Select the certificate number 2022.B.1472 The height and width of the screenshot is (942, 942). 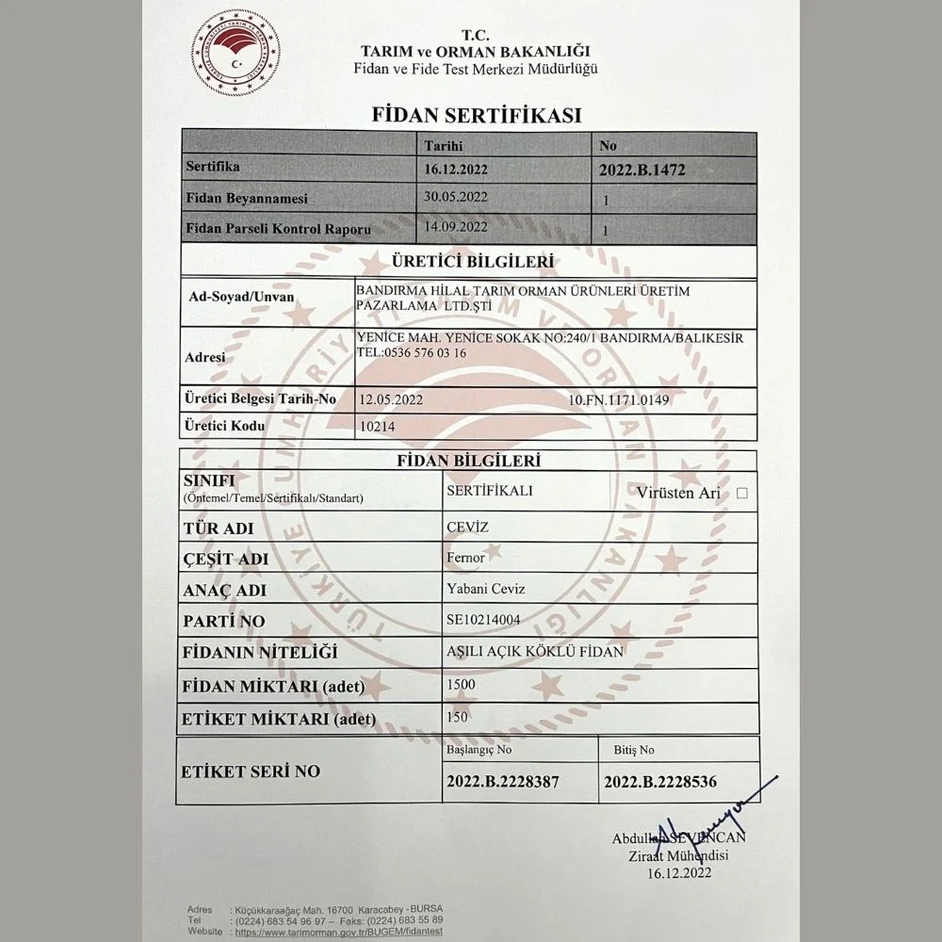pyautogui.click(x=642, y=171)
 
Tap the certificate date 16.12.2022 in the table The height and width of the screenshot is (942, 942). pyautogui.click(x=456, y=171)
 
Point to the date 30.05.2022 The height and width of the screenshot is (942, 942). pyautogui.click(x=456, y=197)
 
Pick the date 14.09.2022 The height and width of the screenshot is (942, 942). pyautogui.click(x=456, y=226)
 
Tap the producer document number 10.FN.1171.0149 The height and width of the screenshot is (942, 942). pyautogui.click(x=619, y=400)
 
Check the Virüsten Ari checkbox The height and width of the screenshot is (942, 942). pyautogui.click(x=742, y=493)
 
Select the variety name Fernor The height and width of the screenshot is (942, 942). pyautogui.click(x=465, y=558)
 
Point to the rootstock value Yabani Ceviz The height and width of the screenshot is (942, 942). pyautogui.click(x=485, y=589)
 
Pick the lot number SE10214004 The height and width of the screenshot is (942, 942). pyautogui.click(x=482, y=620)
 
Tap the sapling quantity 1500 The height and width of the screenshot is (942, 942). pyautogui.click(x=463, y=684)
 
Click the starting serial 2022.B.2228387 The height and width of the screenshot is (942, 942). pyautogui.click(x=503, y=782)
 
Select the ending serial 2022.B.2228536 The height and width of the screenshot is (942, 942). pyautogui.click(x=660, y=782)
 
